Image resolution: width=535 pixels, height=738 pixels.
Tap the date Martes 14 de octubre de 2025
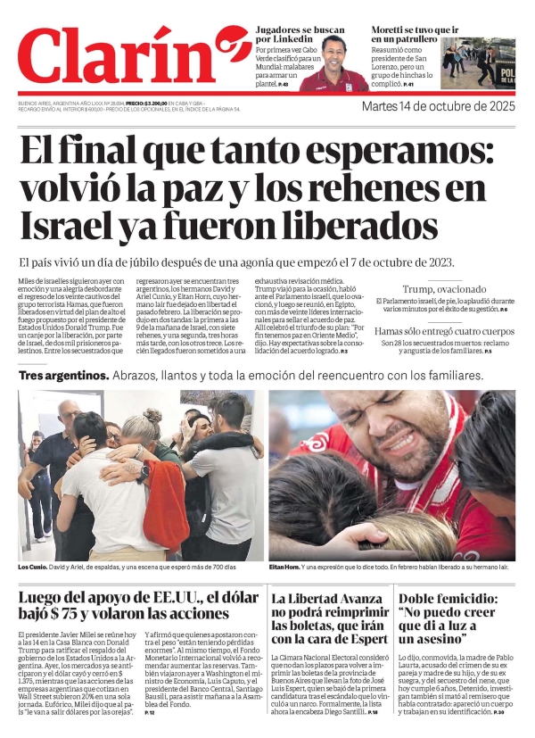click(438, 107)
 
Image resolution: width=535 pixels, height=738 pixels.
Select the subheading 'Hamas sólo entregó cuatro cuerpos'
click(444, 330)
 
